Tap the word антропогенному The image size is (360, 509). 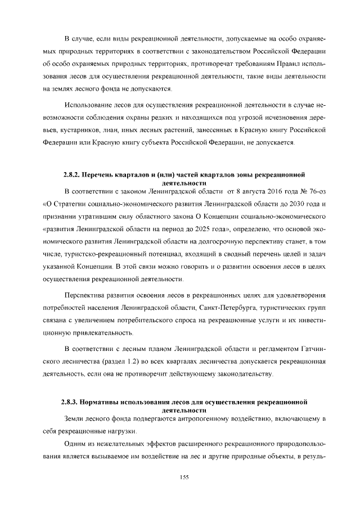coord(188,418)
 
